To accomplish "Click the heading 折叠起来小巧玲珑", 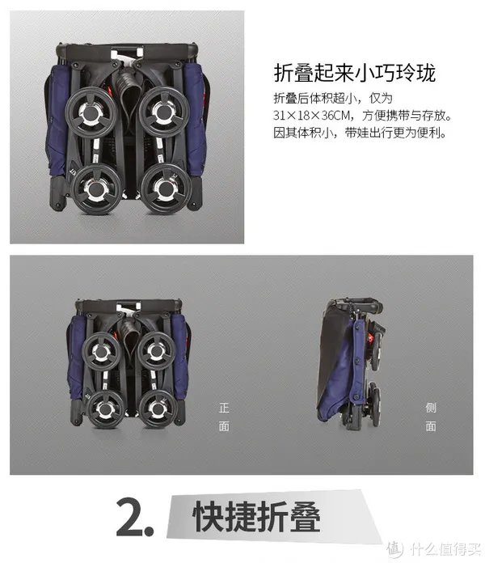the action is tap(354, 74).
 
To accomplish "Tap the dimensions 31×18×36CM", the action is tap(311, 116).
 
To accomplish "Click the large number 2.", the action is tap(134, 518).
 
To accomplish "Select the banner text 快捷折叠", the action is tap(256, 517).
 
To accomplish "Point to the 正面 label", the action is tap(224, 417).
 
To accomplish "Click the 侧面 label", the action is tap(431, 417).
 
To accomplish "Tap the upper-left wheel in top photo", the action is tap(91, 112).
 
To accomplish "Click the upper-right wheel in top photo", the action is tap(164, 112).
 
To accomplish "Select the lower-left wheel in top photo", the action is tap(95, 189).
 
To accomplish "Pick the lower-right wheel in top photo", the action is tap(167, 188).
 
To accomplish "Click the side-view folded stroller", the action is tap(350, 362).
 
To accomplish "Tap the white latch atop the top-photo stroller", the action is tap(127, 54).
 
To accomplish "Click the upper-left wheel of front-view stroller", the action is tap(102, 352).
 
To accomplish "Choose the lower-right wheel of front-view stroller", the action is tap(158, 408).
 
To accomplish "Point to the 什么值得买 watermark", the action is tap(434, 549).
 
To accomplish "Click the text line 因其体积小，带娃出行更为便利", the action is tap(361, 133).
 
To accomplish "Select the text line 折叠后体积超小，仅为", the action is tap(333, 98).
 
